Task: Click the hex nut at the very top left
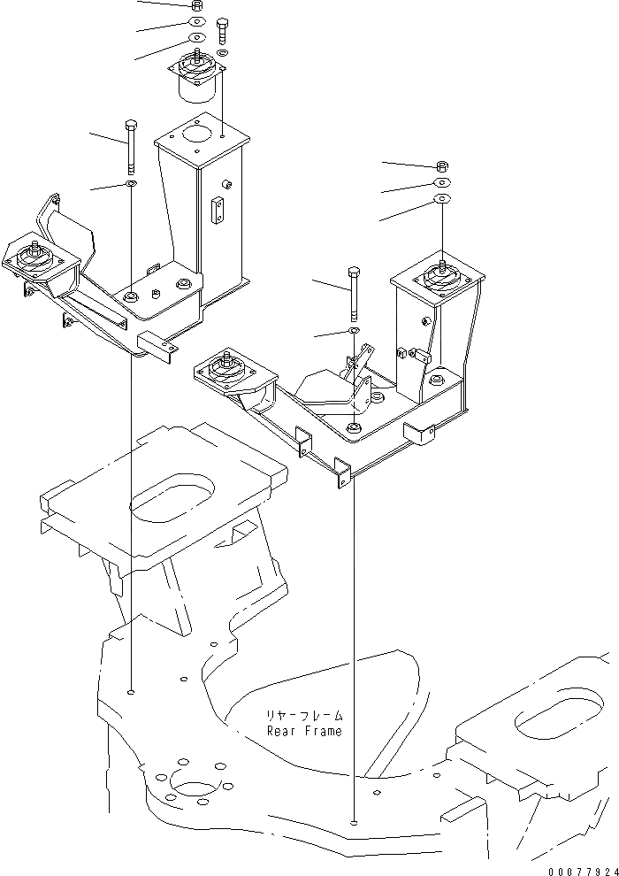196,4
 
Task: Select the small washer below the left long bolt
131,183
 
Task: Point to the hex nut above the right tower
441,165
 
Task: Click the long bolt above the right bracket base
354,292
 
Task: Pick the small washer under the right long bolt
353,331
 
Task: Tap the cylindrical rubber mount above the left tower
192,76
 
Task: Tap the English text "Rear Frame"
304,731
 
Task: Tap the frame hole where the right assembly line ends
354,823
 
